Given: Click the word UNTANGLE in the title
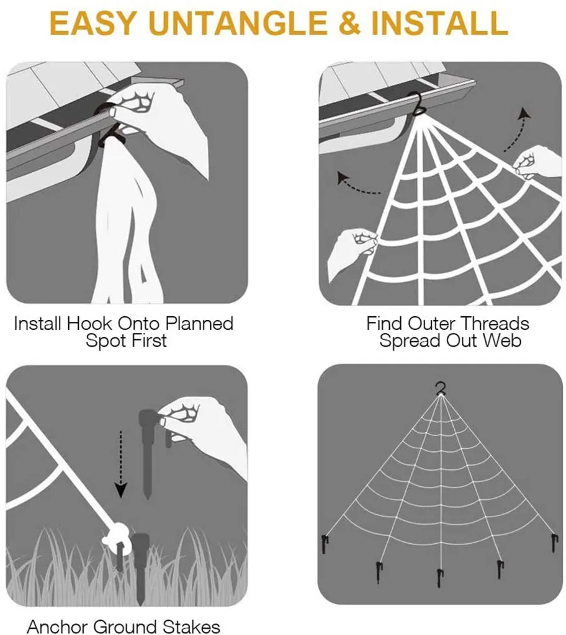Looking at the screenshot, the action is pyautogui.click(x=240, y=23).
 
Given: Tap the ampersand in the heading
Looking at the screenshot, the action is pyautogui.click(x=351, y=23).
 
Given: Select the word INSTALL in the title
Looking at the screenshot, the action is pyautogui.click(x=439, y=23).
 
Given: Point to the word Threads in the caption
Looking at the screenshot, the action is pyautogui.click(x=495, y=324).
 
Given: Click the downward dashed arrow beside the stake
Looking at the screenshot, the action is pyautogui.click(x=120, y=464).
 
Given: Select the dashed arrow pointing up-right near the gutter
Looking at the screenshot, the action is pyautogui.click(x=518, y=130).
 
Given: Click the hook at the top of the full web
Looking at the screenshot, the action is pyautogui.click(x=441, y=388).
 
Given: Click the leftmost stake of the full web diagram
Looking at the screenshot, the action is pyautogui.click(x=325, y=543).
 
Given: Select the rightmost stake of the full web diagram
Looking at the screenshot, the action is pyautogui.click(x=555, y=543).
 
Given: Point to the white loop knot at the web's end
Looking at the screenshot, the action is pyautogui.click(x=116, y=535).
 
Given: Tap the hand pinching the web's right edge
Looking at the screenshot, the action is pyautogui.click(x=537, y=162).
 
